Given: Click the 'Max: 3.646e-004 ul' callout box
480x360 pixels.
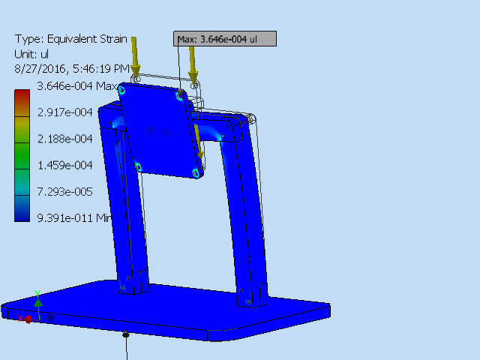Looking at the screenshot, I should [226, 39].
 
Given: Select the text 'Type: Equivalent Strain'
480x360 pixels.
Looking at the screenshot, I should [70, 39].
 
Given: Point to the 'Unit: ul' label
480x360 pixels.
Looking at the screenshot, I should [31, 54].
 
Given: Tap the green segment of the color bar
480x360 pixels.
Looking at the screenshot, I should [22, 161].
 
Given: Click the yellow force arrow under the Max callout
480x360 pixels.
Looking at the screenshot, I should [193, 64].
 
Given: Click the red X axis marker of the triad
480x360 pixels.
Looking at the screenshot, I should [28, 319].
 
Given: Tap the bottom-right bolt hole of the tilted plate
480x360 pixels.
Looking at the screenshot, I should [196, 173].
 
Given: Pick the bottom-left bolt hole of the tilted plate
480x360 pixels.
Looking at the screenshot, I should [138, 166].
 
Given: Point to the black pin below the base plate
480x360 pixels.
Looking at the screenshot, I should [126, 334].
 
